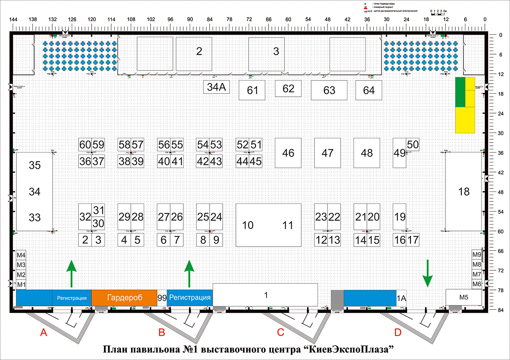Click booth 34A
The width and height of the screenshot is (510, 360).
point(217,87)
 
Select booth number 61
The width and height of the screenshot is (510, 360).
point(252,90)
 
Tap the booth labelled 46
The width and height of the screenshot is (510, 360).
point(288,153)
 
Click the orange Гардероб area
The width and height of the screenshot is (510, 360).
point(124,297)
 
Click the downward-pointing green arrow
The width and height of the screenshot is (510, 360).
point(427,273)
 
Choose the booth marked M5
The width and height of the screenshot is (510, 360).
point(464,297)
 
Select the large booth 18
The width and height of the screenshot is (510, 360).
point(464,192)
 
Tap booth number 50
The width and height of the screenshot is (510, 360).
point(413,145)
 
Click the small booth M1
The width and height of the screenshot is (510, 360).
point(21,284)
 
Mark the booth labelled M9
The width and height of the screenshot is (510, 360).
point(477,255)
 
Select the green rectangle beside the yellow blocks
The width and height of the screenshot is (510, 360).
point(460,92)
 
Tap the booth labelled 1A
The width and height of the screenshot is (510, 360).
point(401,297)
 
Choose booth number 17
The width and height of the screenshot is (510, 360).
point(413,240)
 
